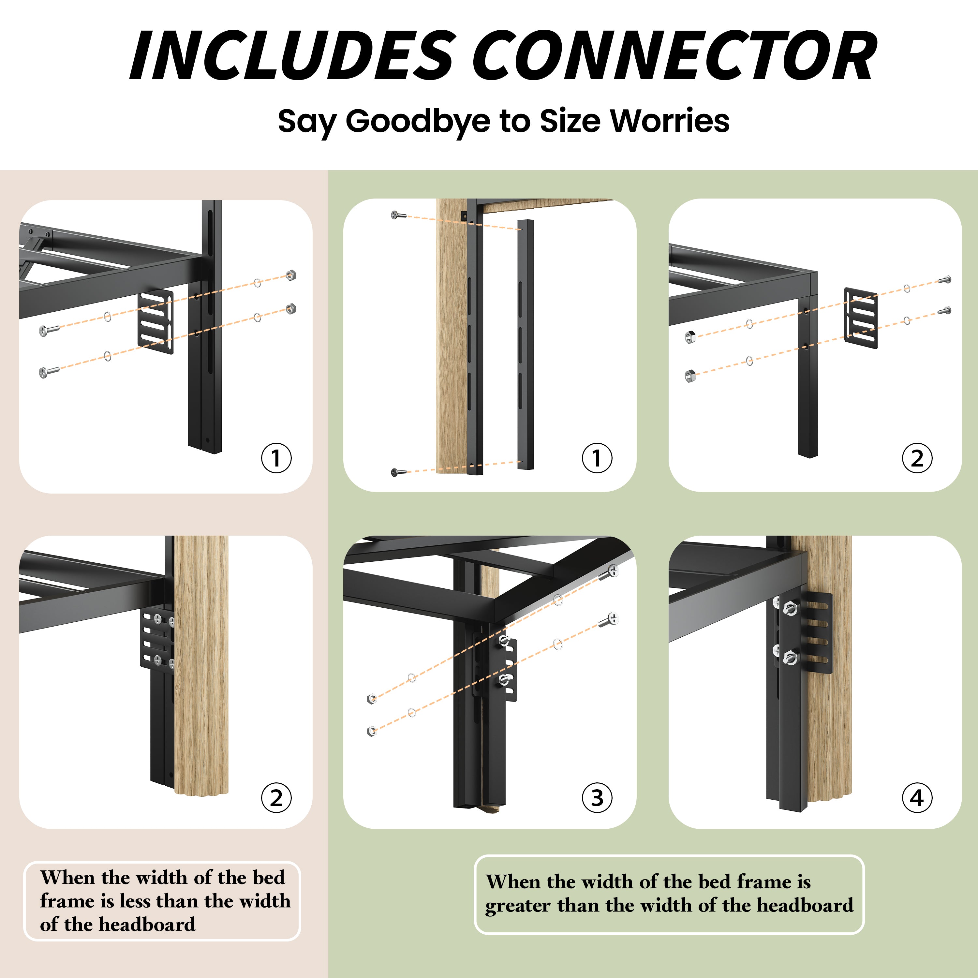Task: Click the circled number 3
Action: [x=597, y=798]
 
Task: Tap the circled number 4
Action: [x=917, y=798]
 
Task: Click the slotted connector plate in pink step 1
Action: [x=156, y=322]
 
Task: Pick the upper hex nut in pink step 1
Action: [x=290, y=275]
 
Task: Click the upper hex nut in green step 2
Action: [x=690, y=337]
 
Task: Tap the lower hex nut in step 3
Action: [x=372, y=731]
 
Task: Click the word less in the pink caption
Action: [x=135, y=901]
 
